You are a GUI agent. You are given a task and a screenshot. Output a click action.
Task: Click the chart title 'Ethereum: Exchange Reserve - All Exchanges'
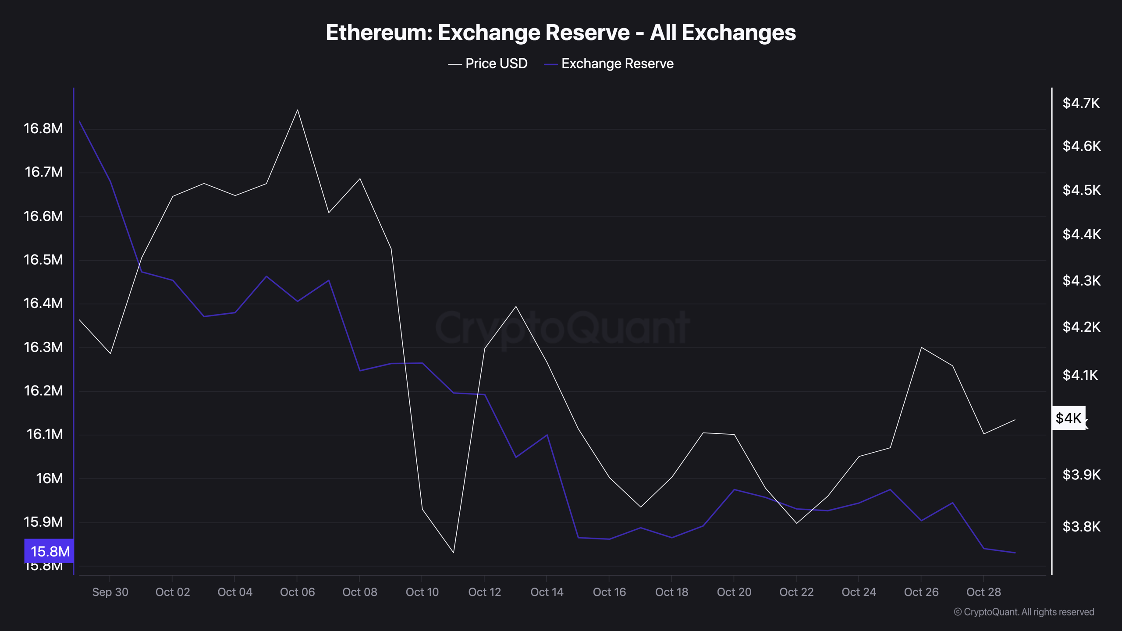click(x=561, y=32)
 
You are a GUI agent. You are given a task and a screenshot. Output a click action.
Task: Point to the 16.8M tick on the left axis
click(x=43, y=128)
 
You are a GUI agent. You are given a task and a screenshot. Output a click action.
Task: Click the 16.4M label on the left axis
click(x=43, y=303)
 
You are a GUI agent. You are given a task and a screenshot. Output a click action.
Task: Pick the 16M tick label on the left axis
click(x=49, y=478)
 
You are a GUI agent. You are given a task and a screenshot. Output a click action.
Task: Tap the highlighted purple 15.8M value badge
click(x=49, y=551)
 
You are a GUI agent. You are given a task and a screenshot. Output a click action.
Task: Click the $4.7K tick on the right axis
click(x=1081, y=103)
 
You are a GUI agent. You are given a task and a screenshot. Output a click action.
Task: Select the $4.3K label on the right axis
click(x=1081, y=280)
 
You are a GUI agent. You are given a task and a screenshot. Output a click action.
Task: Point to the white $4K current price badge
click(x=1069, y=418)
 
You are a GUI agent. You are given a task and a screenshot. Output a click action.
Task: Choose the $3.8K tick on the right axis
click(x=1081, y=526)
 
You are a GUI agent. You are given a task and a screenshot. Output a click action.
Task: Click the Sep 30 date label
click(x=110, y=592)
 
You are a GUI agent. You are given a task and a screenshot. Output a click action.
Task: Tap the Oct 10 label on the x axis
click(x=422, y=592)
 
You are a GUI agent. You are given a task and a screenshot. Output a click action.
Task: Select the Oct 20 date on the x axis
click(x=734, y=592)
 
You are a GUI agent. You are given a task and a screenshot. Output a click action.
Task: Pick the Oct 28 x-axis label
click(x=984, y=592)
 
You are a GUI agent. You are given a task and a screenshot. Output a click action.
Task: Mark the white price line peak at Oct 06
click(x=298, y=110)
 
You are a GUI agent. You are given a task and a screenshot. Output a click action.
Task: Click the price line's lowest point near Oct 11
click(x=453, y=552)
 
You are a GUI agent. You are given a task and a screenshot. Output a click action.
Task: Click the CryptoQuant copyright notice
click(x=1024, y=612)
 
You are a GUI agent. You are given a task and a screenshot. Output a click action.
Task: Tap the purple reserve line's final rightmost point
click(x=1015, y=553)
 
